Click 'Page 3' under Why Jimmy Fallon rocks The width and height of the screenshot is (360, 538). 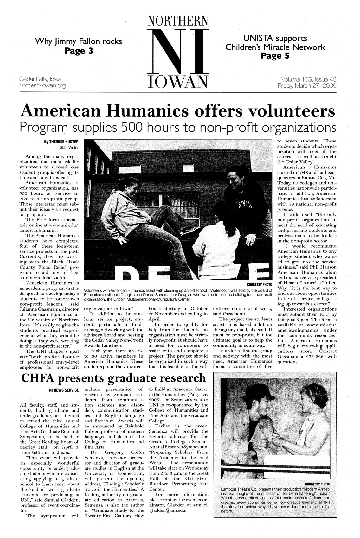(78, 51)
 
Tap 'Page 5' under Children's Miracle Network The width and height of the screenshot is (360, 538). (275, 56)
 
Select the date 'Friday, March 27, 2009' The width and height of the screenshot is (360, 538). (307, 86)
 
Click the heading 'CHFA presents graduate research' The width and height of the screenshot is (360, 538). (113, 378)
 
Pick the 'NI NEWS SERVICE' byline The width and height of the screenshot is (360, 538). (63, 390)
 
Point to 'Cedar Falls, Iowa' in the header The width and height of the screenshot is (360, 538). (40, 79)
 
